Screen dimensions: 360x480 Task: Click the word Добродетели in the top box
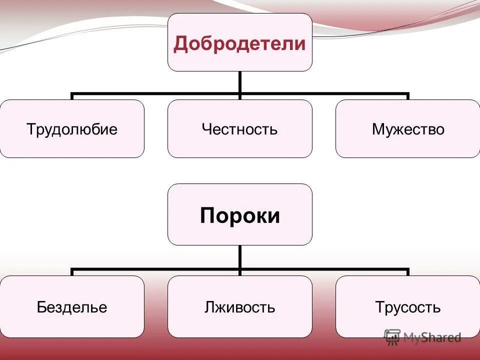pyautogui.click(x=239, y=43)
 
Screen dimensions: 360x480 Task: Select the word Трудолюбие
pyautogui.click(x=72, y=129)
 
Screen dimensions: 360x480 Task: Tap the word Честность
pyautogui.click(x=239, y=129)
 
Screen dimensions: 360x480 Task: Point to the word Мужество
pyautogui.click(x=408, y=129)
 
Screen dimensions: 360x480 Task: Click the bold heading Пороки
pyautogui.click(x=239, y=215)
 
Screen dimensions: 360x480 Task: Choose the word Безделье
pyautogui.click(x=72, y=306)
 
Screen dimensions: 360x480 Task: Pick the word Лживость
pyautogui.click(x=239, y=306)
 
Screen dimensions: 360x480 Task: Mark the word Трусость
pyautogui.click(x=408, y=306)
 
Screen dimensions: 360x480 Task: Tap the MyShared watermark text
pyautogui.click(x=432, y=337)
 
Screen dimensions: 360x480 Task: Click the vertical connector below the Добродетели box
pyautogui.click(x=240, y=82)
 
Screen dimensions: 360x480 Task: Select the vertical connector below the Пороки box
pyautogui.click(x=240, y=258)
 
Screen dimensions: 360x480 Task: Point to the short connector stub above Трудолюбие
pyautogui.click(x=72, y=96)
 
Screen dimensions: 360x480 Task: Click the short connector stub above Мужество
pyautogui.click(x=408, y=96)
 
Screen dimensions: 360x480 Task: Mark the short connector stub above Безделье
pyautogui.click(x=72, y=272)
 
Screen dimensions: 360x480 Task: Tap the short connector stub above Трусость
pyautogui.click(x=408, y=272)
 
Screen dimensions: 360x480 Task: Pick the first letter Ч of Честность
pyautogui.click(x=206, y=129)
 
